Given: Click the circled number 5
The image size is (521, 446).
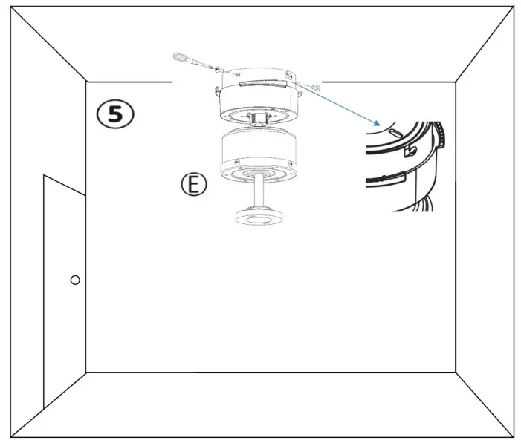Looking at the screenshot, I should click(115, 114).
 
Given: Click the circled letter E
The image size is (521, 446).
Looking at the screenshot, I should click(193, 185).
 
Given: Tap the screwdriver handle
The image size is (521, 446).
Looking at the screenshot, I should click(183, 58).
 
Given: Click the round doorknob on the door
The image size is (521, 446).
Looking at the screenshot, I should click(74, 280).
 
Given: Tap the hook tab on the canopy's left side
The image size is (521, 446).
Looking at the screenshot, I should click(216, 91).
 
